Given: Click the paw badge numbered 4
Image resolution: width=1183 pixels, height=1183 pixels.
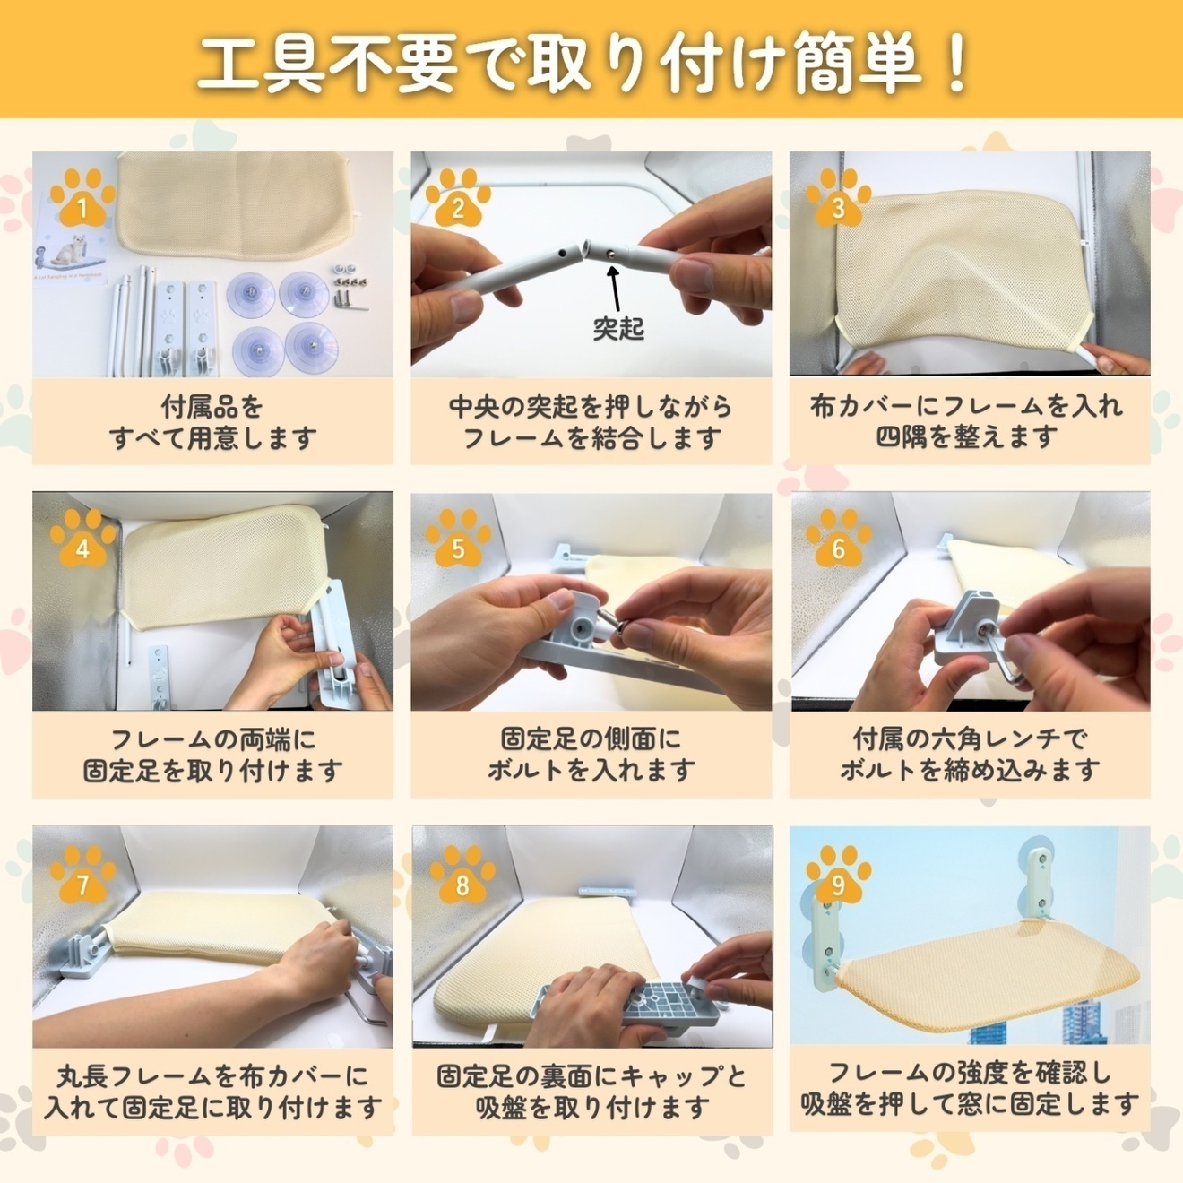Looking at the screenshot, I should [x=82, y=540].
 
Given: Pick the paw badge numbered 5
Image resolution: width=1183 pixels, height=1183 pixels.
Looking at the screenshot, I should [x=458, y=540].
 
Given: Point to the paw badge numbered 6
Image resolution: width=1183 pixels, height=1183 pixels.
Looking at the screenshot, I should [x=838, y=540].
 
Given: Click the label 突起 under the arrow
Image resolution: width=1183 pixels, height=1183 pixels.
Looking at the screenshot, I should [x=617, y=329].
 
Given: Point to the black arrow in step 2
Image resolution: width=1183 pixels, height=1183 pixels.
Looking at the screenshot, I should [x=614, y=287].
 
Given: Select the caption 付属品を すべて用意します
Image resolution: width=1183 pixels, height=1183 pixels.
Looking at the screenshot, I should [x=212, y=422].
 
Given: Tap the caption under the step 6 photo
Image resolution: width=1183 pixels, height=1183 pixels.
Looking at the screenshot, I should [x=970, y=755].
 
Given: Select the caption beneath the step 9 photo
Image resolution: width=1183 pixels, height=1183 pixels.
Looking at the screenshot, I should [x=970, y=1088].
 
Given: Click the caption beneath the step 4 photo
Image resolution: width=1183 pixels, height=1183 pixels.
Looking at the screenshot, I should [x=212, y=755].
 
